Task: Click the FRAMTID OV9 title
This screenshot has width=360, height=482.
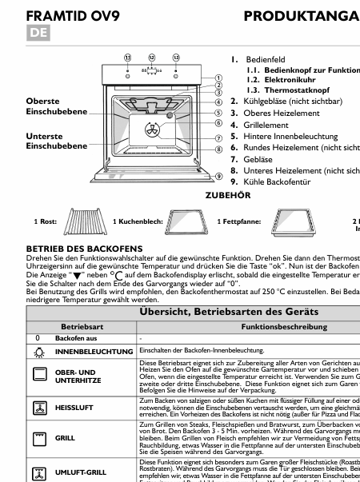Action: click(x=70, y=17)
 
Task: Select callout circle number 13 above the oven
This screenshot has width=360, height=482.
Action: click(x=176, y=58)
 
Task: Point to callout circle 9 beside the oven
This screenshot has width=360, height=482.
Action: click(x=218, y=175)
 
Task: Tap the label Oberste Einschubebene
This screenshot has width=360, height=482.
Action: click(x=54, y=107)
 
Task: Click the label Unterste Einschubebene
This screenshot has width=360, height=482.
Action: click(x=54, y=141)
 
